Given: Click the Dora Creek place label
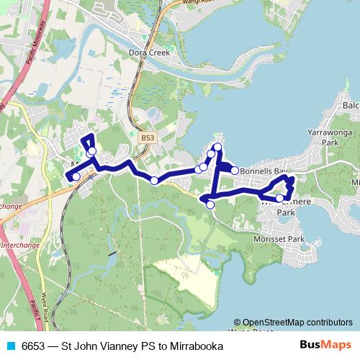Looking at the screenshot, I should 148,53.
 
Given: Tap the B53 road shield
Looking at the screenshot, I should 148,137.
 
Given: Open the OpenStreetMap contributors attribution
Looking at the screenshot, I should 297,323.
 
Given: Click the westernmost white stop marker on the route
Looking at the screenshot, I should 76,176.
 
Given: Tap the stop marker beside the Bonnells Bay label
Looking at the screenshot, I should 234,171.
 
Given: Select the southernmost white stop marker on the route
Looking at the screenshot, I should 210,204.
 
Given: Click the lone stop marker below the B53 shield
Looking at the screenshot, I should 154,180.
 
